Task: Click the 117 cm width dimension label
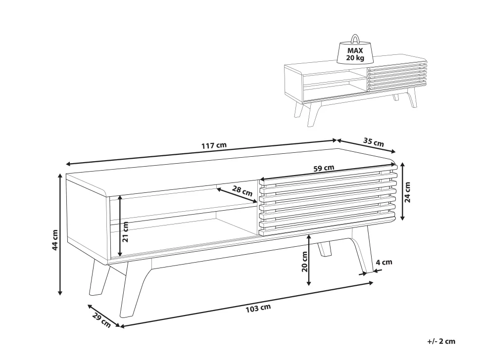[214, 145]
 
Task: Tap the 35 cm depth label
[374, 142]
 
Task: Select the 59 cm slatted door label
[324, 168]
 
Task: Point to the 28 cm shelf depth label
[242, 191]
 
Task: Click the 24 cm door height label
[407, 192]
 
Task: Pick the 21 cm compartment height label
[125, 231]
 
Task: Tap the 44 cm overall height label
[55, 240]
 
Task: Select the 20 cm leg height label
[304, 262]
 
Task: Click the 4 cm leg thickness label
[384, 262]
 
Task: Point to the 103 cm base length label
[258, 308]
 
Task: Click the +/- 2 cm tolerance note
[441, 341]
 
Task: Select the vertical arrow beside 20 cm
[309, 260]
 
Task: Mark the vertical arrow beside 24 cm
[402, 191]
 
